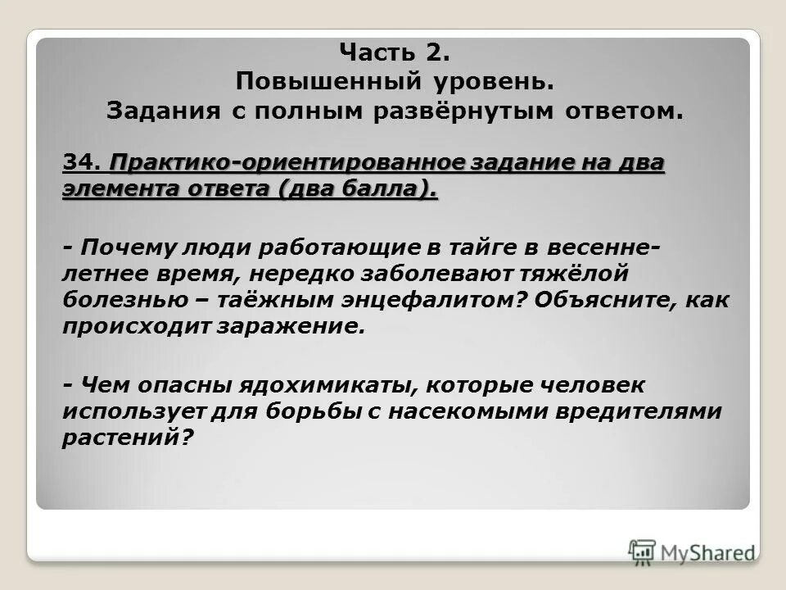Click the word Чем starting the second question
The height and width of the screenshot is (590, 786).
(x=101, y=384)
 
